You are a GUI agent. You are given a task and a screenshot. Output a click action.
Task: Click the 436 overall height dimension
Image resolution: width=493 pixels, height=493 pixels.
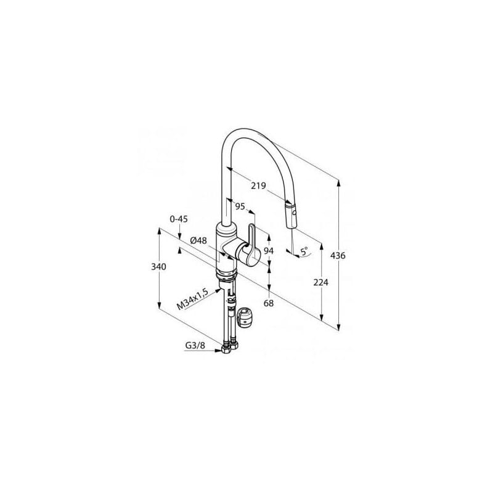[338, 256]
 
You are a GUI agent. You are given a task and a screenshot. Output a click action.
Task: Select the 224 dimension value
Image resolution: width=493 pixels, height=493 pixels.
[320, 282]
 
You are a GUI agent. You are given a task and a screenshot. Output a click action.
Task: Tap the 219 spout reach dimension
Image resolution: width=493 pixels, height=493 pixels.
[258, 186]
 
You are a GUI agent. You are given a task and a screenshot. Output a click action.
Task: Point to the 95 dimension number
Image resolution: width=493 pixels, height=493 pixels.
[240, 206]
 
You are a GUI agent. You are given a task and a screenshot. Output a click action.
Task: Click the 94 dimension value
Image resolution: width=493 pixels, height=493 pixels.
[269, 251]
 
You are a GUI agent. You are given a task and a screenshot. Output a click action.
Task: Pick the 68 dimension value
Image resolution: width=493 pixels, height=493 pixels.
[269, 303]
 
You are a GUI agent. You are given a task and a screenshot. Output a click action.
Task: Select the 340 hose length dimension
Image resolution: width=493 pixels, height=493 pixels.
[158, 267]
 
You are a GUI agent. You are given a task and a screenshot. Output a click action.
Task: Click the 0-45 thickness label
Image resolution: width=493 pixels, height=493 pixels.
[179, 219]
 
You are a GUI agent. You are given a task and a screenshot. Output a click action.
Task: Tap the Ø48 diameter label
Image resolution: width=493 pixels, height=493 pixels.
[198, 240]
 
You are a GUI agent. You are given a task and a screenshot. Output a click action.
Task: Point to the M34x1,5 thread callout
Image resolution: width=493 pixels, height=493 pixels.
[192, 299]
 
